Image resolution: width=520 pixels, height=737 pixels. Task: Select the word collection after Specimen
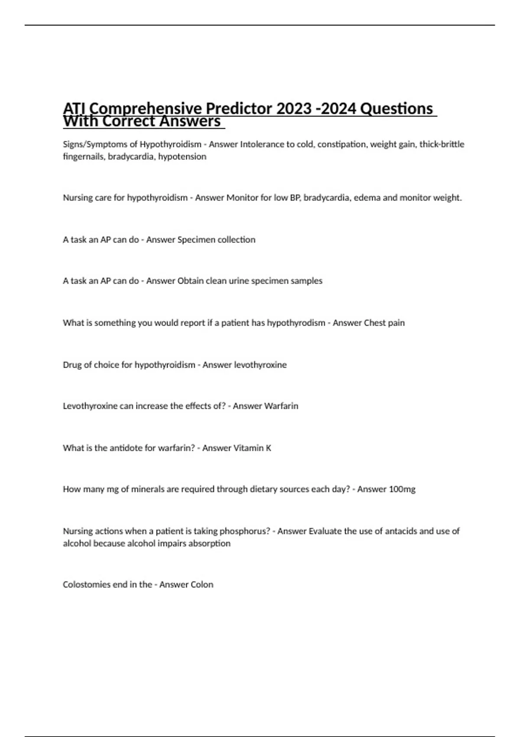236,240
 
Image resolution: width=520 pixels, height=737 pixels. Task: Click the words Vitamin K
252,448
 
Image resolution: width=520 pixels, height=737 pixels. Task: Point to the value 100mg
402,489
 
